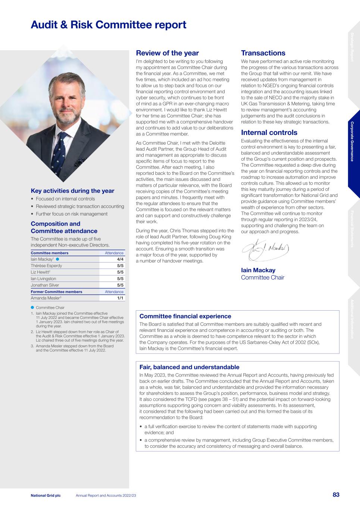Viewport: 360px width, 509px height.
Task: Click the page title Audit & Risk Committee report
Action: [x=108, y=25]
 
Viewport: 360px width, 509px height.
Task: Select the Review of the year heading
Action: [x=167, y=53]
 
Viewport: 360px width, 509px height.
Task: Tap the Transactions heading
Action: [x=263, y=53]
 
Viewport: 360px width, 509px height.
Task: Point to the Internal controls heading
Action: [x=269, y=132]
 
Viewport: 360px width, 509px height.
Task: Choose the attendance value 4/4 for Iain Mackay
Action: [x=120, y=259]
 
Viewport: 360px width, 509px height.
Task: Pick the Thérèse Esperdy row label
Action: [x=46, y=266]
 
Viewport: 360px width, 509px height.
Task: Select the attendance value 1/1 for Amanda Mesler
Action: [x=120, y=298]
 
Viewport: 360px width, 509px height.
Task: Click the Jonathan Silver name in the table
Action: [x=45, y=285]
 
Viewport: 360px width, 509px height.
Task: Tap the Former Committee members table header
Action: [x=56, y=292]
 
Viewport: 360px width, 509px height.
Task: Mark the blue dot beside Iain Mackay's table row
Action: [x=58, y=259]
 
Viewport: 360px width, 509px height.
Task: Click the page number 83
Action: [x=336, y=495]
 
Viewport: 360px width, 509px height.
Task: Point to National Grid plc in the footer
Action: [x=46, y=495]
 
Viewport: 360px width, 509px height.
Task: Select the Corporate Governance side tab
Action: [x=353, y=142]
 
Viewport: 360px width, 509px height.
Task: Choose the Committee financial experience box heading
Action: [x=185, y=316]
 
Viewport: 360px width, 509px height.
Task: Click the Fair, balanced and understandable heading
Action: [x=189, y=367]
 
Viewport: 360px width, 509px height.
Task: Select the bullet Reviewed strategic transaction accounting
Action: [x=80, y=206]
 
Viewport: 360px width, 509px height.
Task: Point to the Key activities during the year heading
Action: [x=72, y=191]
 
